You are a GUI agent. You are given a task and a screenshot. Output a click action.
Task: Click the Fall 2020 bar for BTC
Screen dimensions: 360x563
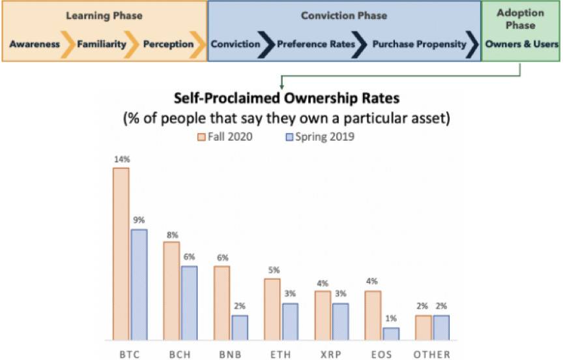coord(121,254)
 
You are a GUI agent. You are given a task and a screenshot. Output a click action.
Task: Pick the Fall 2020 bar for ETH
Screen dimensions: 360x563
coord(272,309)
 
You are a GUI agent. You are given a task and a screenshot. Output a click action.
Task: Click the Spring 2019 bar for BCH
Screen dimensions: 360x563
coord(189,303)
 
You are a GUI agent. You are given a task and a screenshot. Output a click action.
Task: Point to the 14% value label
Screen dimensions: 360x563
coord(121,158)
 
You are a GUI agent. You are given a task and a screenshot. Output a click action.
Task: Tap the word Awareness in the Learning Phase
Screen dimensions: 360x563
coord(35,44)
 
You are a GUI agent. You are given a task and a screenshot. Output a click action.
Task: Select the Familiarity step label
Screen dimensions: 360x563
coord(102,44)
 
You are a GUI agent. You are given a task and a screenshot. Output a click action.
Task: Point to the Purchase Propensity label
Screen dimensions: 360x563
coord(420,44)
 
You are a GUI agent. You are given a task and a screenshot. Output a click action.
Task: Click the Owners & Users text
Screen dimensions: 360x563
coord(521,44)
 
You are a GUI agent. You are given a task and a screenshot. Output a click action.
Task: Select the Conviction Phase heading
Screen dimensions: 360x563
coord(344,14)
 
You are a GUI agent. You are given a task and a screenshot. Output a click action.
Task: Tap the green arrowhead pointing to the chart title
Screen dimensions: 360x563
coord(282,84)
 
